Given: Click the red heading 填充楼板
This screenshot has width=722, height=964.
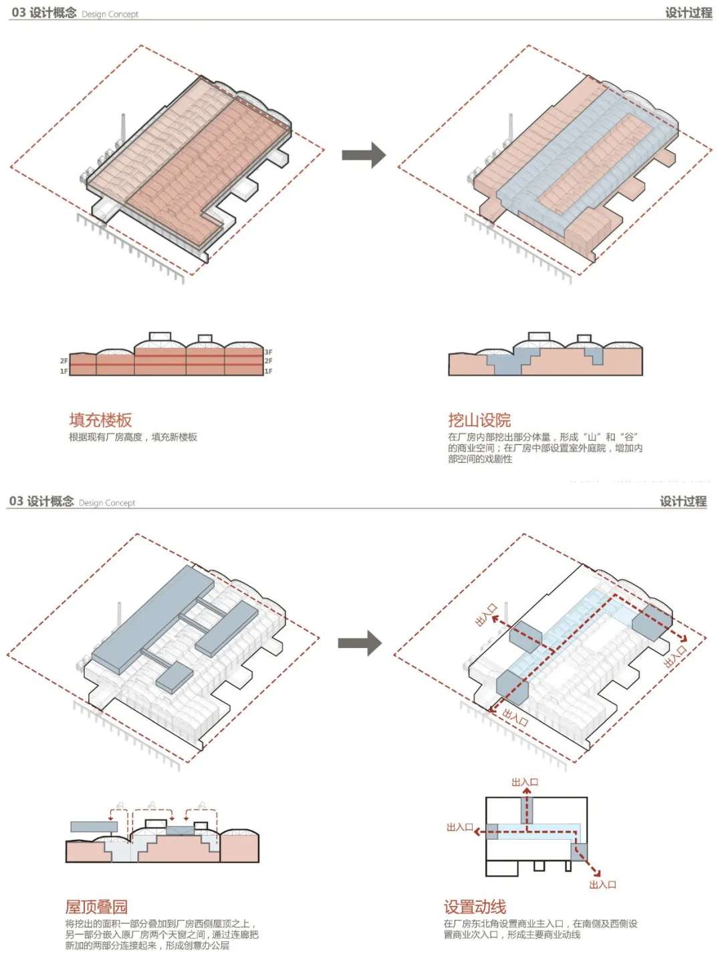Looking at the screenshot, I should [x=100, y=420].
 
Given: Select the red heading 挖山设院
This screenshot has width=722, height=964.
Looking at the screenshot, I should [x=479, y=420].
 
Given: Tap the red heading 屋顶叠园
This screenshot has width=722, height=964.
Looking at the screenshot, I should [x=96, y=907].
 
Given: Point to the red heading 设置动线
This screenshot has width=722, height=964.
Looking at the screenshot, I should [x=475, y=907].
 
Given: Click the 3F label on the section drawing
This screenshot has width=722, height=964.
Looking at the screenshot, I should [x=268, y=352].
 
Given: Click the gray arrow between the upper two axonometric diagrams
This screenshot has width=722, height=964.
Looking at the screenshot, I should [x=364, y=156].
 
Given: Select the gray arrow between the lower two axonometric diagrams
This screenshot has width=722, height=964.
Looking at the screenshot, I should [x=360, y=643].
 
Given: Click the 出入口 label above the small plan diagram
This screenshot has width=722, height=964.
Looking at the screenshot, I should [x=525, y=782].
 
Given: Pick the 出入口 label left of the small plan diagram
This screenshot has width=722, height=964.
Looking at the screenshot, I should [x=460, y=828].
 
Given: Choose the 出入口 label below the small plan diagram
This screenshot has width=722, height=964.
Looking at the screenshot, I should [x=602, y=885].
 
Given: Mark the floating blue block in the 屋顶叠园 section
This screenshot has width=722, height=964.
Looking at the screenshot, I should [x=94, y=827].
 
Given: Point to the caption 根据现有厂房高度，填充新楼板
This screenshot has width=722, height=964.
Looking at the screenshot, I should [x=133, y=438].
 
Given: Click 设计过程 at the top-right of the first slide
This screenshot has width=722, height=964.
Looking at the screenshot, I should [x=688, y=13].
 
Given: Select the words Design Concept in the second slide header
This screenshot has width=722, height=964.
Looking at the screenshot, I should [x=107, y=503].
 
